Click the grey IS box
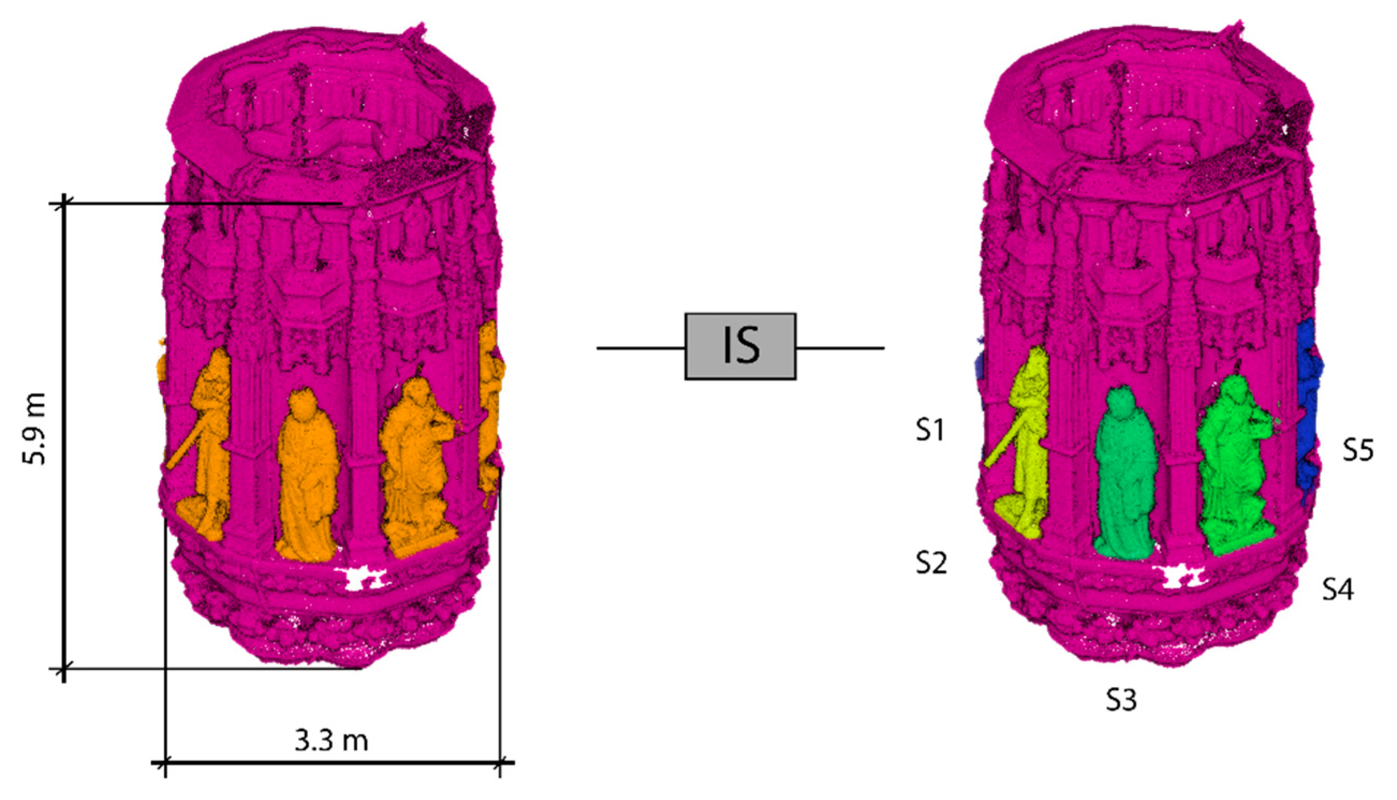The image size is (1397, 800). pos(740,346)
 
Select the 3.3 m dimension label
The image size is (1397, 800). pos(331,741)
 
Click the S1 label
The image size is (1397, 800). pos(930,430)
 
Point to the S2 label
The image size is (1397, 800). pos(932,563)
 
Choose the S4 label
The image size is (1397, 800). pos(1337,589)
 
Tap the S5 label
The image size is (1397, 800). pos(1358,450)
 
